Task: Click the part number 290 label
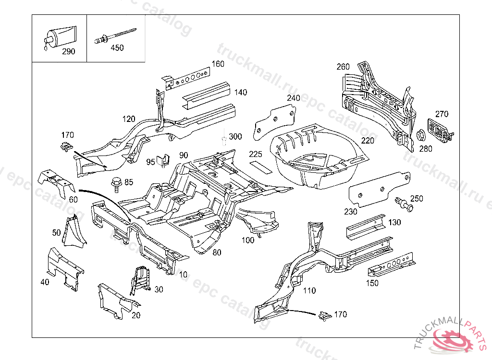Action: [69, 52]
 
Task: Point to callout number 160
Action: [218, 64]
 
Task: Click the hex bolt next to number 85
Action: [116, 183]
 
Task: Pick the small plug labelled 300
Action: [224, 139]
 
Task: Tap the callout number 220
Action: [368, 141]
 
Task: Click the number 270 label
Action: [442, 114]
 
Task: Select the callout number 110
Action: [309, 290]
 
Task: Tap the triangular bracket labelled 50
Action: [75, 231]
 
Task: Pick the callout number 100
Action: [248, 240]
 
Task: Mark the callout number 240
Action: [293, 98]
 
